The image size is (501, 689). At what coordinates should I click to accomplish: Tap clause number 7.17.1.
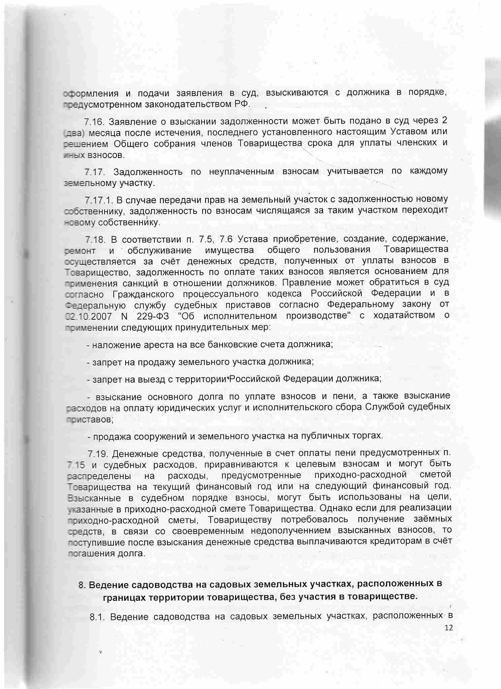pyautogui.click(x=98, y=200)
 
